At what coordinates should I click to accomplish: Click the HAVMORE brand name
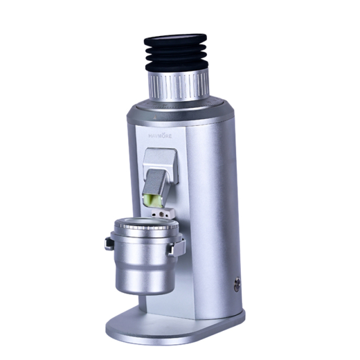tap(160, 136)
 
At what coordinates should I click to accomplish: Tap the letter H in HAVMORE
tap(151, 136)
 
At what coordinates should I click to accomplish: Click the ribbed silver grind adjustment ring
tap(179, 86)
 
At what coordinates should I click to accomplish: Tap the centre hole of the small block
tap(161, 214)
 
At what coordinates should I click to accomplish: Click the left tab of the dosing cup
tap(109, 244)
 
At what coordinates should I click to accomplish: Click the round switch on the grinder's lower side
tap(237, 284)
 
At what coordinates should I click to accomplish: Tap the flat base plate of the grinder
tap(169, 329)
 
